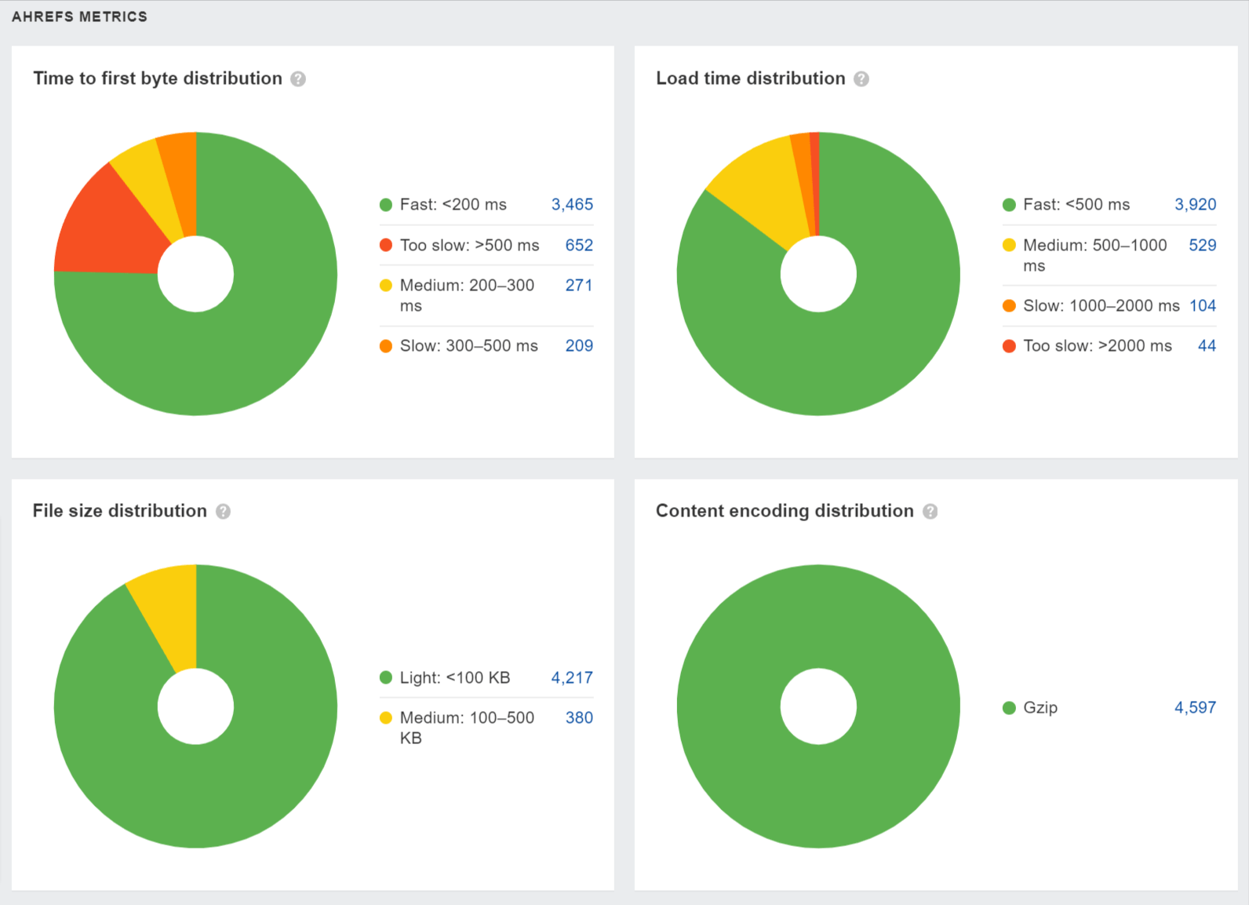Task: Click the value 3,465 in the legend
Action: click(572, 205)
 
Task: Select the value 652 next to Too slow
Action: click(579, 245)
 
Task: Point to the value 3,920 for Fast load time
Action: click(1195, 205)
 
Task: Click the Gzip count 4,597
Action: click(1195, 707)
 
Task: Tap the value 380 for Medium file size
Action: click(579, 717)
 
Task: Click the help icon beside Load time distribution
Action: click(861, 79)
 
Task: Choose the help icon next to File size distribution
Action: click(224, 512)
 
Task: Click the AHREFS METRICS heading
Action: click(79, 16)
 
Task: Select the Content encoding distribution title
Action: click(785, 511)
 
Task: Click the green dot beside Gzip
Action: click(1009, 708)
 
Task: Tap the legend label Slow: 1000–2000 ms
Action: click(1101, 305)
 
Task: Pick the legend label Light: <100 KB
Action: click(455, 677)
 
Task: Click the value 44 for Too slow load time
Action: click(1207, 345)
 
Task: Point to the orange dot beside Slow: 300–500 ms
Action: click(386, 346)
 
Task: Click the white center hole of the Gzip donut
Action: click(818, 706)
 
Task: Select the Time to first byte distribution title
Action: click(158, 78)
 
